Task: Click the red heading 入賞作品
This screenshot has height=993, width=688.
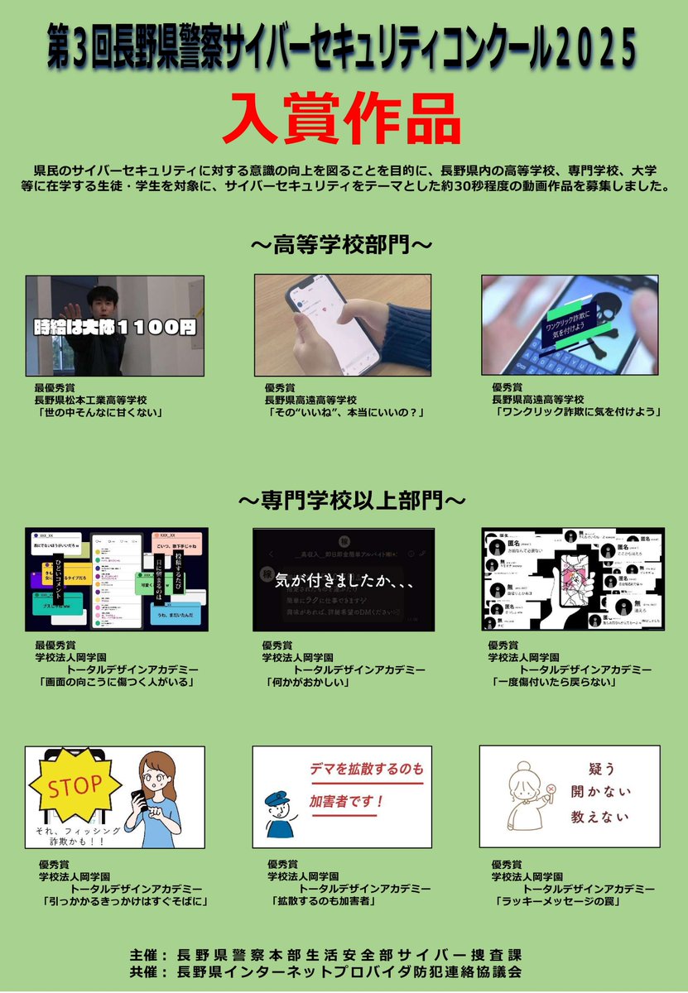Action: [343, 119]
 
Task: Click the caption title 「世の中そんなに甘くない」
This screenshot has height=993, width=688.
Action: [98, 411]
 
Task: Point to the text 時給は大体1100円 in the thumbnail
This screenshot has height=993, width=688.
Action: [115, 326]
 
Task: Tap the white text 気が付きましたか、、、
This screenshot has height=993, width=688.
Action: [344, 581]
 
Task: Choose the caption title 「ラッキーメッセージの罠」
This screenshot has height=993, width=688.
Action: [556, 901]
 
